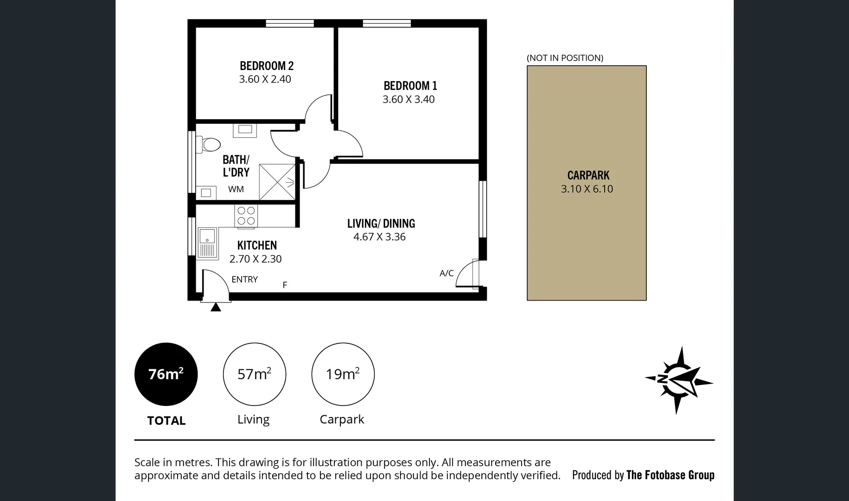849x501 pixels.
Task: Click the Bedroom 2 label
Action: click(x=267, y=66)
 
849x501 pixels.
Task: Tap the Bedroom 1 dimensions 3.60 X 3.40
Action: click(x=409, y=99)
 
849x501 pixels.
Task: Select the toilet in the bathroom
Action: click(x=208, y=144)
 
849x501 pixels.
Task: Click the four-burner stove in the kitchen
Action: click(x=246, y=216)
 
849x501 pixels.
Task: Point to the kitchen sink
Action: click(x=207, y=242)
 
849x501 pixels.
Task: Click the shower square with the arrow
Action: click(x=277, y=182)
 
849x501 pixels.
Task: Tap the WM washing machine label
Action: click(x=236, y=189)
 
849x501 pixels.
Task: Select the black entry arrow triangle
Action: click(x=216, y=307)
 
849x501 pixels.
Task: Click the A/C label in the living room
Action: click(x=447, y=273)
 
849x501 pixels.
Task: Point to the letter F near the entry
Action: click(x=285, y=285)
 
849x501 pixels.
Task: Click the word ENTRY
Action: click(x=244, y=279)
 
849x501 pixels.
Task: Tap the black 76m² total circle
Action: click(x=166, y=374)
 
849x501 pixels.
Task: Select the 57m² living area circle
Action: click(x=254, y=374)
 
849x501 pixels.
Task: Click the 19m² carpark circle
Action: click(x=343, y=374)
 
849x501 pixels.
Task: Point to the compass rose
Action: click(x=678, y=380)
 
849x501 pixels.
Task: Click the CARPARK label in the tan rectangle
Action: click(x=588, y=175)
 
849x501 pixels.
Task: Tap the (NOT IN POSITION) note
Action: click(x=565, y=58)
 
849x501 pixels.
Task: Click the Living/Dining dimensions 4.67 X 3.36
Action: click(x=379, y=237)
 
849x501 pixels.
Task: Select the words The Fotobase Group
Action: click(x=670, y=475)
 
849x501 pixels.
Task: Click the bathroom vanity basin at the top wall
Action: click(x=245, y=129)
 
